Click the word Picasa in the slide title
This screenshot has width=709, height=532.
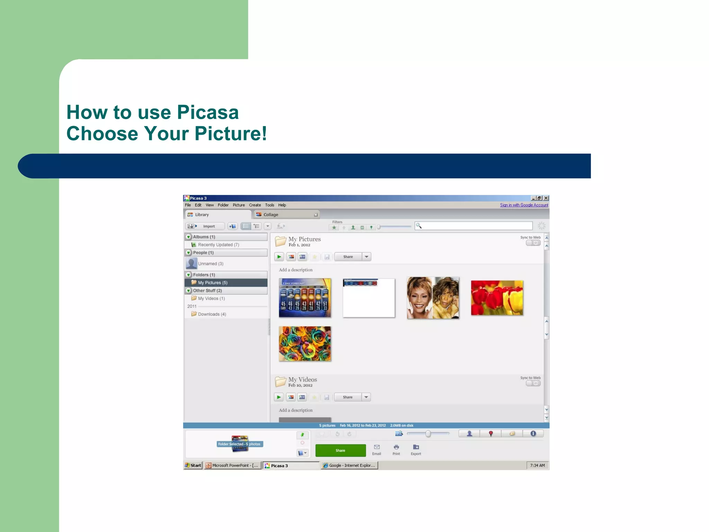208,113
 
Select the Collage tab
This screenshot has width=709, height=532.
271,215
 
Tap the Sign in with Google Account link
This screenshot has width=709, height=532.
524,205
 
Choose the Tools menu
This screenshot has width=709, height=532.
269,205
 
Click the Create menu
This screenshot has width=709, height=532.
255,205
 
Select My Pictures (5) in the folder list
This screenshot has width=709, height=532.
213,283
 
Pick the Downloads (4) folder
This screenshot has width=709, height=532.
212,314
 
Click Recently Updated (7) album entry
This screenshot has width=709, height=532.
218,245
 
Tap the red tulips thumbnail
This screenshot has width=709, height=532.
497,298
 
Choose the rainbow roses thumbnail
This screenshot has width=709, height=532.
305,344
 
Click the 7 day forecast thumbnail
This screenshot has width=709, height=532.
305,298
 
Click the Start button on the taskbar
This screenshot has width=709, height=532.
193,465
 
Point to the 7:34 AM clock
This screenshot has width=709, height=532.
537,465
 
